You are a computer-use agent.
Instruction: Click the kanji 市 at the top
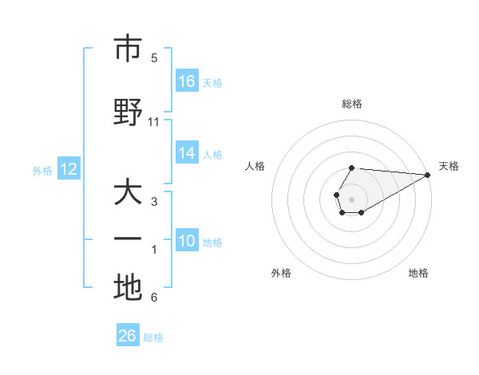(128, 49)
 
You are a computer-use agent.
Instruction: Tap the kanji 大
(128, 194)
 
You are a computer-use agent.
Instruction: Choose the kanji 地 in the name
(128, 287)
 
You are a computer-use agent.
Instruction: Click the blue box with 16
(187, 81)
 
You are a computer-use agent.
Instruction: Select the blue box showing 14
(187, 154)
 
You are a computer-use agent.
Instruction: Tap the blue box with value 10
(187, 241)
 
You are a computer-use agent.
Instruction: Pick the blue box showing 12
(68, 169)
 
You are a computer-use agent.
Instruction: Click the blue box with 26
(128, 336)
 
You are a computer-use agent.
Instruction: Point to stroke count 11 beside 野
(154, 122)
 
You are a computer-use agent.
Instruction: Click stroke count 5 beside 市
(154, 58)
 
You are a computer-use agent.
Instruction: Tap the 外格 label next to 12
(42, 170)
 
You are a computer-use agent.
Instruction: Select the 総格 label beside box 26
(153, 337)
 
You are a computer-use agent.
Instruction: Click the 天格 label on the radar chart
(449, 166)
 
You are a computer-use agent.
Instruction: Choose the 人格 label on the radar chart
(255, 166)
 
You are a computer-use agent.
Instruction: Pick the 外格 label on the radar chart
(281, 273)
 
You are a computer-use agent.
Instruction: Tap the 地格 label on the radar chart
(418, 273)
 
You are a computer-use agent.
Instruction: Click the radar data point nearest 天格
(428, 175)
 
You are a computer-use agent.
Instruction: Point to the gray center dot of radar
(351, 199)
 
